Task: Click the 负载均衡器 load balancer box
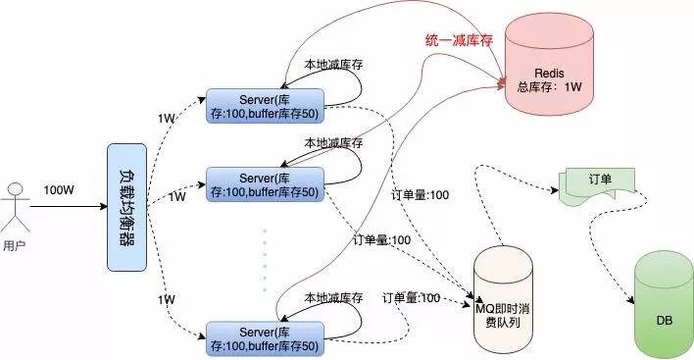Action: pyautogui.click(x=126, y=207)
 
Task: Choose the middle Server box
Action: pyautogui.click(x=264, y=183)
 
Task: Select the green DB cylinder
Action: pyautogui.click(x=664, y=306)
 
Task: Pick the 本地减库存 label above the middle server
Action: pyautogui.click(x=333, y=143)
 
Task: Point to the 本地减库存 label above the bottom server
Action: pyautogui.click(x=333, y=297)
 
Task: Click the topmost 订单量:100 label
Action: pyautogui.click(x=421, y=195)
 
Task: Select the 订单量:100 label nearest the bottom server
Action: pyautogui.click(x=411, y=297)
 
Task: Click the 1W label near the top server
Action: pyautogui.click(x=166, y=119)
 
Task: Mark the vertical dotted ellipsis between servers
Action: pyautogui.click(x=264, y=260)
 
